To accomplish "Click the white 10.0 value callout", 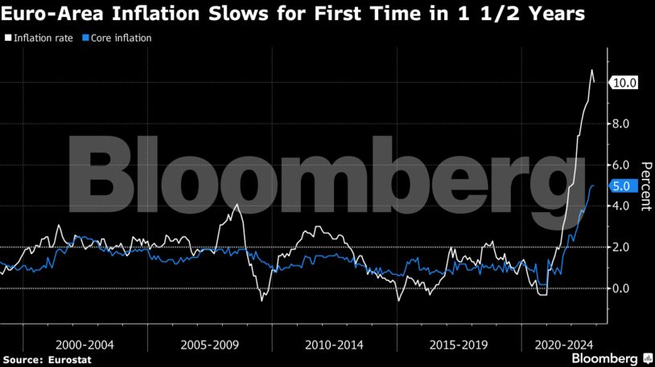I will click(x=624, y=83).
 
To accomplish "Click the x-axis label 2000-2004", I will click(x=85, y=343).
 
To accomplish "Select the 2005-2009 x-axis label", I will click(x=210, y=343).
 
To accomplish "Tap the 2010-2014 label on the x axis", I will click(x=335, y=343).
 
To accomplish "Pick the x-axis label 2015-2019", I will click(x=459, y=343).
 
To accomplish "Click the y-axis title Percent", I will click(x=645, y=186).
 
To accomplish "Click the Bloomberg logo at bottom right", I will click(x=605, y=357).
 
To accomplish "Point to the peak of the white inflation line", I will click(x=591, y=70).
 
